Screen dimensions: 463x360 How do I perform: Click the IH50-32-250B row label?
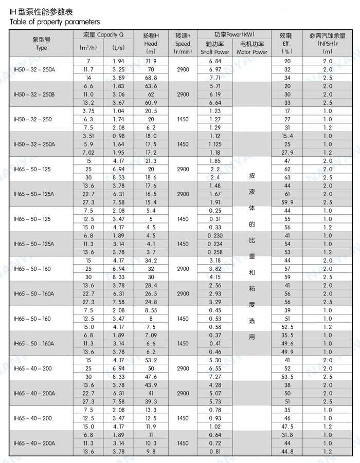pos(34,95)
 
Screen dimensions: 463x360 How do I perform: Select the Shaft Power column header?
pos(215,52)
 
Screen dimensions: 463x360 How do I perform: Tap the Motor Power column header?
pos(252,52)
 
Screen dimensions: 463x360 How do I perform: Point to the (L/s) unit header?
pos(118,48)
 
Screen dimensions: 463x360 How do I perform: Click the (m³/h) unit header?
pos(88,48)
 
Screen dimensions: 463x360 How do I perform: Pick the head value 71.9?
pos(151,61)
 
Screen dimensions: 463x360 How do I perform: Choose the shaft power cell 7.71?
pos(215,78)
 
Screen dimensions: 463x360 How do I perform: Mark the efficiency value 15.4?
pos(287,136)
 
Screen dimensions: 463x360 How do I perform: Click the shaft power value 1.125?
pos(215,144)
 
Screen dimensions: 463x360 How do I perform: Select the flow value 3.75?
pos(88,111)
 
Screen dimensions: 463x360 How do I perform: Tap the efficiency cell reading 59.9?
pos(287,202)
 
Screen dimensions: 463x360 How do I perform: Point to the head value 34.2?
pos(151,261)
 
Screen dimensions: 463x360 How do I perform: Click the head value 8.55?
pos(151,310)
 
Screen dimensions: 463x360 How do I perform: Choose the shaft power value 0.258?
pos(215,252)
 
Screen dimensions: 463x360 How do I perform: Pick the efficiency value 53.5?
pos(287,377)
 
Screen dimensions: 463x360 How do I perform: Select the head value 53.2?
pos(151,360)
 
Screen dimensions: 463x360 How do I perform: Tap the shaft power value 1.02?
pos(215,427)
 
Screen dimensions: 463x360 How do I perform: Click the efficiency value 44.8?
pos(287,452)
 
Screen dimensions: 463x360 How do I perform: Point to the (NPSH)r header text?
pos(327,44)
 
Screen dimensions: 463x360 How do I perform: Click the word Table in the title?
pos(19,22)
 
